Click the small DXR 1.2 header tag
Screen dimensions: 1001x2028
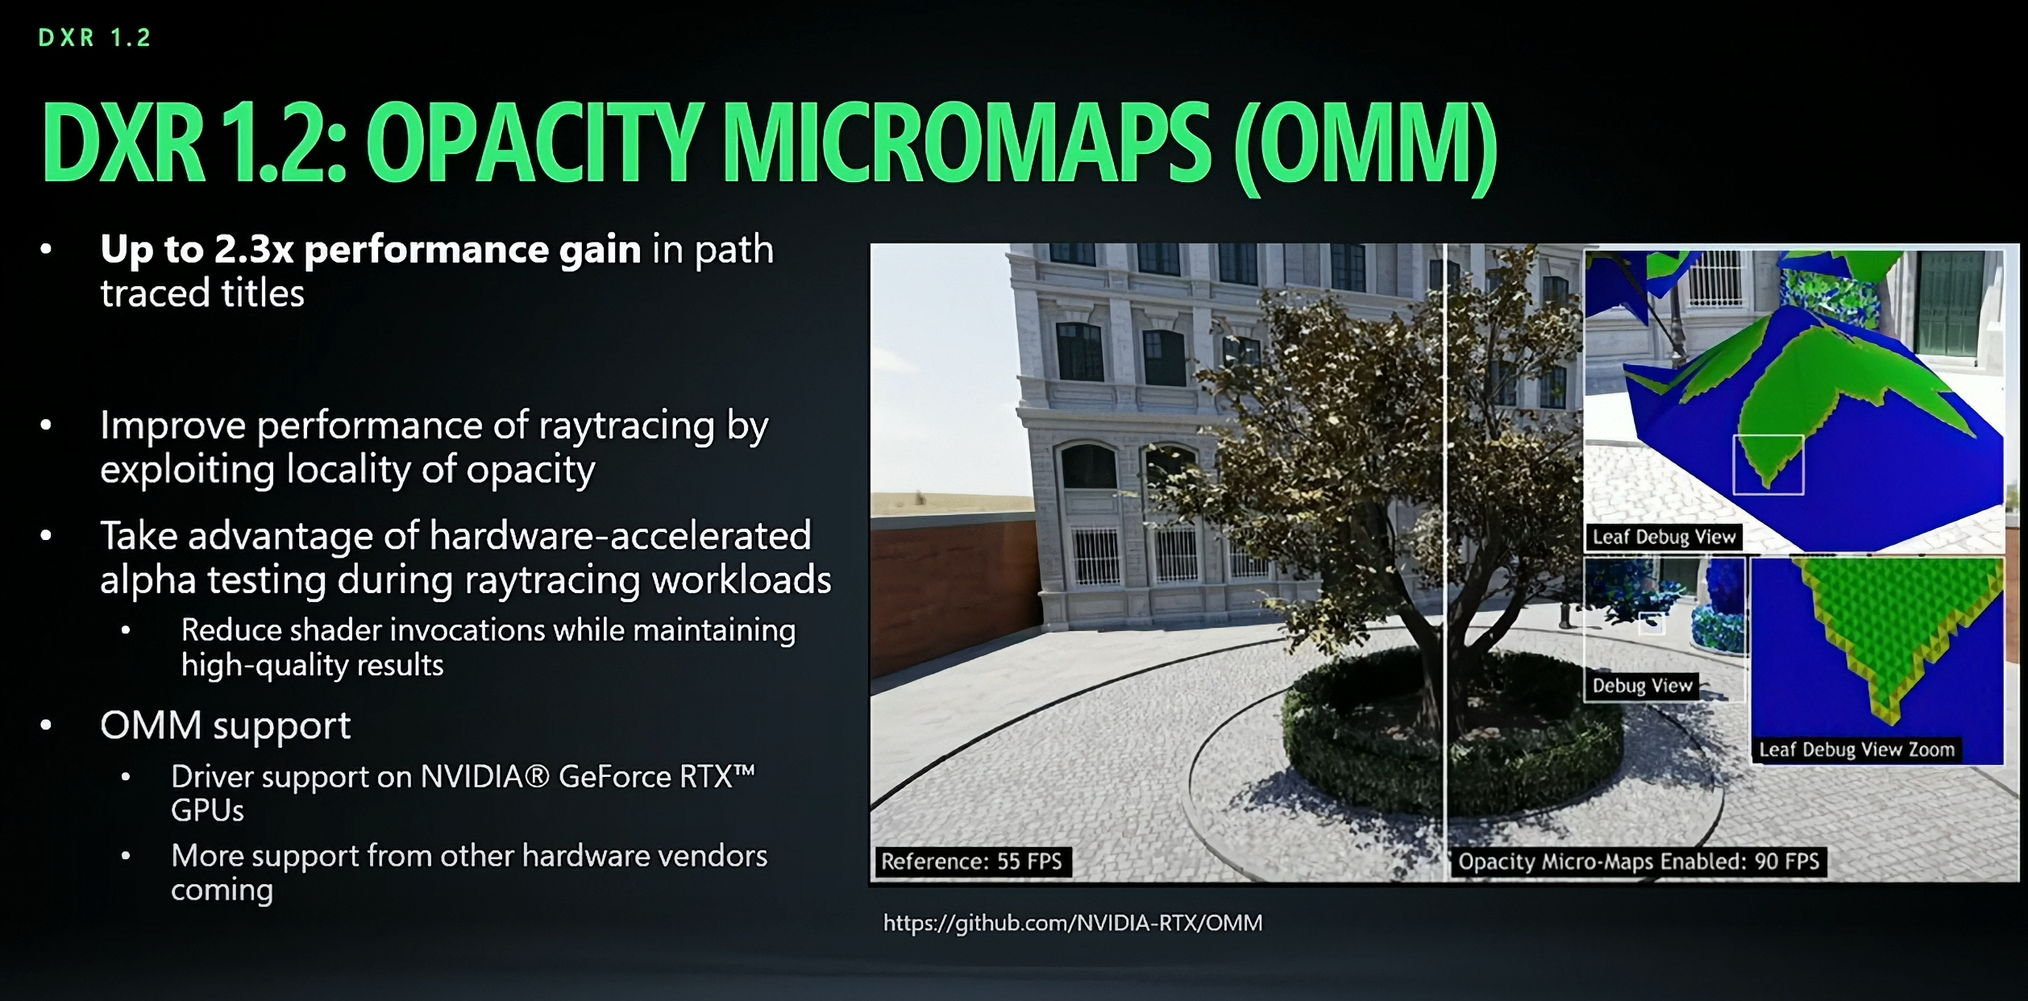(94, 38)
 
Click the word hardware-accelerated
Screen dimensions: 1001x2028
(620, 536)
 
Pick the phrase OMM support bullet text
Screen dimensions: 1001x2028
(225, 725)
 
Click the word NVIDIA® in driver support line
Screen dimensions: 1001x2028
(484, 777)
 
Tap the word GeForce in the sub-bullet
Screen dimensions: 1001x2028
(615, 777)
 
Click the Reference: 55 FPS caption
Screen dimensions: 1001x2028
(971, 862)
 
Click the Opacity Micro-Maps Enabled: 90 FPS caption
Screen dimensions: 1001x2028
(1639, 862)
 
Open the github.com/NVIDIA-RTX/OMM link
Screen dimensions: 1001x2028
(1073, 923)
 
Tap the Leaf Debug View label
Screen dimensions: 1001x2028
(1664, 538)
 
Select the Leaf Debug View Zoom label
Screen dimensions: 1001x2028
(1856, 750)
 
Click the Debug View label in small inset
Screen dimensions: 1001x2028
(1642, 686)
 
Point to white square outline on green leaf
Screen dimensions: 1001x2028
(1768, 464)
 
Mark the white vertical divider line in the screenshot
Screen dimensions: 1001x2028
(1446, 564)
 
